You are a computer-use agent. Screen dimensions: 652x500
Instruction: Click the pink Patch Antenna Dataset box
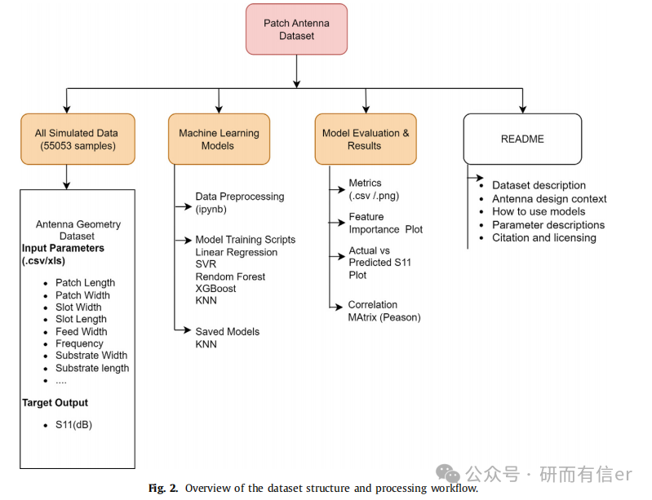(296, 29)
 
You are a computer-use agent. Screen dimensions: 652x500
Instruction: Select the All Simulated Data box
(78, 139)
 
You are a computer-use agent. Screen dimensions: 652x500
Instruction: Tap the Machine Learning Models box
(220, 139)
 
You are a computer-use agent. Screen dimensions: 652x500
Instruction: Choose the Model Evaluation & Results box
(366, 139)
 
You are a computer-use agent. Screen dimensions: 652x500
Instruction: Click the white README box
(523, 139)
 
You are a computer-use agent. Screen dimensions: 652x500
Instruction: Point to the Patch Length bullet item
(85, 283)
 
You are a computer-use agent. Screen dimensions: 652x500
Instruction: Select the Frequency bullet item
(79, 343)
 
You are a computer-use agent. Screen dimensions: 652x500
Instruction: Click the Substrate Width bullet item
(91, 356)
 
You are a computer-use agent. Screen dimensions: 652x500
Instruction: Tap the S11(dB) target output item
(73, 425)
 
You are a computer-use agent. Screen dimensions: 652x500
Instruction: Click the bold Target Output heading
(55, 403)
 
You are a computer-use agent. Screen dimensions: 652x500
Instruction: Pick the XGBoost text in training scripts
(215, 289)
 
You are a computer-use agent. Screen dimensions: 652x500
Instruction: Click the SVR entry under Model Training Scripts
(206, 264)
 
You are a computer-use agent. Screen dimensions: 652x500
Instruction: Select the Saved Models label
(228, 332)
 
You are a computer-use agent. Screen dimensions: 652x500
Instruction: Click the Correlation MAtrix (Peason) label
(384, 311)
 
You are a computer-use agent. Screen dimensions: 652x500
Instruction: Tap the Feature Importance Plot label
(385, 223)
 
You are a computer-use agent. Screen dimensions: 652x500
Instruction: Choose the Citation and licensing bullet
(544, 237)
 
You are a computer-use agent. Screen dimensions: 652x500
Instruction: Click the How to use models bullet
(539, 211)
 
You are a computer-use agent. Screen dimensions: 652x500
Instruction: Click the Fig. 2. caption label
(163, 488)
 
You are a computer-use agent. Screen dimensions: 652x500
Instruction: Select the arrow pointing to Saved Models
(182, 330)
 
